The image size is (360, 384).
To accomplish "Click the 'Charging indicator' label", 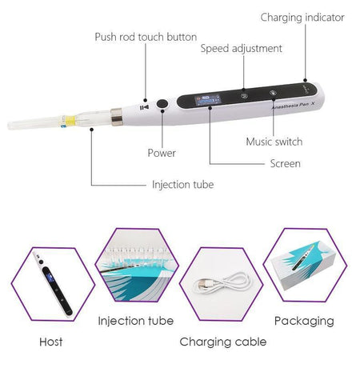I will coord(302,17).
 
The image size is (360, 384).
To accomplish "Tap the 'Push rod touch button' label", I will coord(145,37).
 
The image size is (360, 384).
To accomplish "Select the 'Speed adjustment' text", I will coord(241,49).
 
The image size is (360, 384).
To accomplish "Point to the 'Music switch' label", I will coord(274,142).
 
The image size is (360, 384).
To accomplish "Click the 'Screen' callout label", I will coord(285,163).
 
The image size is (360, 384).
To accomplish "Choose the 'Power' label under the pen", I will coord(162,153).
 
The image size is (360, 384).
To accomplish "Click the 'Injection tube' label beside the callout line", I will coord(183,185).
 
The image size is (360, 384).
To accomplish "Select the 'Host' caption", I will coord(50,342).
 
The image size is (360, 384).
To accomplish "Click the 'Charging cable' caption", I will coord(222,342).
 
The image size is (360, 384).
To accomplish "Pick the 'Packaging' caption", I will coord(304,321).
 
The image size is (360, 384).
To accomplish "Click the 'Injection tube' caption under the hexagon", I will coord(135,321).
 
